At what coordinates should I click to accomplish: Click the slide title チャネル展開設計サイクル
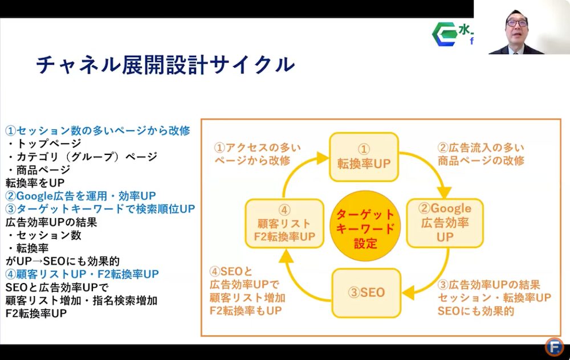[165, 65]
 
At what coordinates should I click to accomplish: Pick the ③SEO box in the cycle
[366, 293]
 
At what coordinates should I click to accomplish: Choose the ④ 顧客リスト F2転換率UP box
[280, 222]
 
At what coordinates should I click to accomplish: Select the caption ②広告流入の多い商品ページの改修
[480, 154]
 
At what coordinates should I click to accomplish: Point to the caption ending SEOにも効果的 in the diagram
[494, 298]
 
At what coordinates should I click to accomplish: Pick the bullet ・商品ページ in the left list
[39, 169]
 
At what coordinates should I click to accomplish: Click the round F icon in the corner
[554, 346]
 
